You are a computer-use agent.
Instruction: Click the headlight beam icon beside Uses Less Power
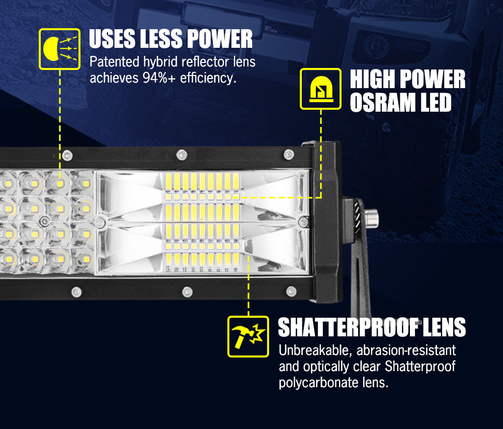(x=59, y=49)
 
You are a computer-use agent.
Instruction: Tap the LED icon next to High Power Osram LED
(x=320, y=89)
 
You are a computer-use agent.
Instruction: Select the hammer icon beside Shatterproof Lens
(x=248, y=336)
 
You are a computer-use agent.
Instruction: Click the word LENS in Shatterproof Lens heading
(x=443, y=328)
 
